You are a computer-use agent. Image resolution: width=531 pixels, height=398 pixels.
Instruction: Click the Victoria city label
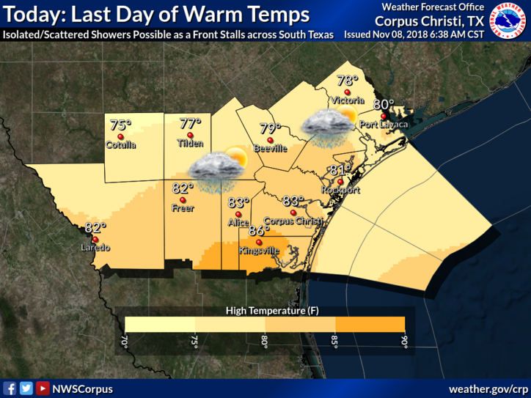[347, 100]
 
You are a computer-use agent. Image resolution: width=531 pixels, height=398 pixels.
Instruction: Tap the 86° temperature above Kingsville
[259, 230]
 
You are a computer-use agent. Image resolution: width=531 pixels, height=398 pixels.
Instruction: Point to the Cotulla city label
[120, 144]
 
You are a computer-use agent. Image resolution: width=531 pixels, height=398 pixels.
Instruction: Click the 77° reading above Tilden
[190, 124]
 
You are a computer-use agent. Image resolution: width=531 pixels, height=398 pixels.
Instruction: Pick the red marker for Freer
[183, 200]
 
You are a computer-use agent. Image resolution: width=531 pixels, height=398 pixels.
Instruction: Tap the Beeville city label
[269, 149]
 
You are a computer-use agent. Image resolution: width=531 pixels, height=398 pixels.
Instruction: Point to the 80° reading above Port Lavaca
[384, 105]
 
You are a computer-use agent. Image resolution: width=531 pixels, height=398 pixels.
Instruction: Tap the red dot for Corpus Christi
[293, 213]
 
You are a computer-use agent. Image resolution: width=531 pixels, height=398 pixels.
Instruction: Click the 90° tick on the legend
[404, 342]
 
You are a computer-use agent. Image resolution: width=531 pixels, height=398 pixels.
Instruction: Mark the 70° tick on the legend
[125, 342]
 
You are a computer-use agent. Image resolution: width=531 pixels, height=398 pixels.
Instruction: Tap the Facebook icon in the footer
[10, 388]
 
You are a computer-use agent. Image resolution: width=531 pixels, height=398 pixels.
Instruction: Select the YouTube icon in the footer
[43, 388]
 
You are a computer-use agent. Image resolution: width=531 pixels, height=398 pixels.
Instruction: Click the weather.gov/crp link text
[488, 388]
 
